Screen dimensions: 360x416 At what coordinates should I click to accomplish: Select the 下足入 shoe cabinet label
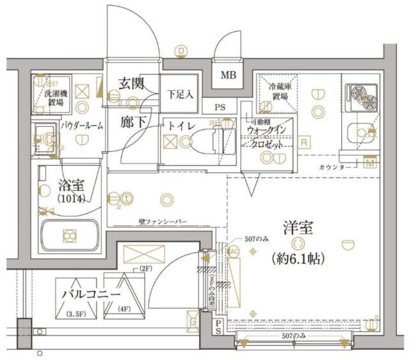[180, 94]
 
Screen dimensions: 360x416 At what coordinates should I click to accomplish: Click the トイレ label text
[182, 126]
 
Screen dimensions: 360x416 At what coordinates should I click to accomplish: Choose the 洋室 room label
[298, 226]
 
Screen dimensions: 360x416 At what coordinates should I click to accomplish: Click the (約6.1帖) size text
[298, 259]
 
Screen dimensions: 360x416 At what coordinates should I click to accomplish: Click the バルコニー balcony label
[91, 294]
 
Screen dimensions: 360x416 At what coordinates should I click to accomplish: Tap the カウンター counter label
[333, 167]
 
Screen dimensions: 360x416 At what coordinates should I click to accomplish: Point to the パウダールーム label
[82, 126]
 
